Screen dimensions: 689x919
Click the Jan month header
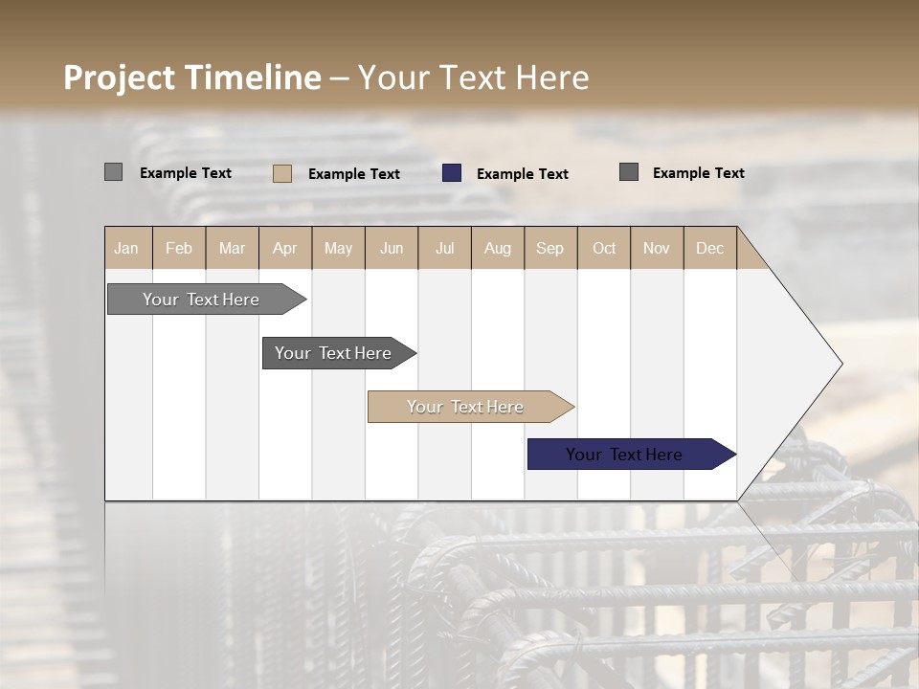pyautogui.click(x=127, y=248)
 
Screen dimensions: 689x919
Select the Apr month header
pyautogui.click(x=285, y=248)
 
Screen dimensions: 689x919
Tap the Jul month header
pyautogui.click(x=444, y=248)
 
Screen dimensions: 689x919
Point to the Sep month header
pyautogui.click(x=550, y=248)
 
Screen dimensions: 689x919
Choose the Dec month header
pyautogui.click(x=709, y=248)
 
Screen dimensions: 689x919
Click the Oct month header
pyautogui.click(x=604, y=248)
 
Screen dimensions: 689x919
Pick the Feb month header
pyautogui.click(x=179, y=248)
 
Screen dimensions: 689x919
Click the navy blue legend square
pyautogui.click(x=452, y=172)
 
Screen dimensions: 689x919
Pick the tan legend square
pyautogui.click(x=282, y=173)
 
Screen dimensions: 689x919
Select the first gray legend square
pyautogui.click(x=113, y=172)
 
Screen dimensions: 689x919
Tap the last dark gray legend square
pyautogui.click(x=629, y=172)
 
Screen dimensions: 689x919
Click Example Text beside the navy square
pyautogui.click(x=522, y=173)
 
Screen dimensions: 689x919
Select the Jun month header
pyautogui.click(x=392, y=248)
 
